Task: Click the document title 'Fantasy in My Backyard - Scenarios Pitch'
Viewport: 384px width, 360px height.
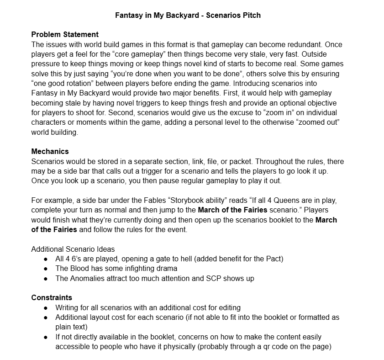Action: pyautogui.click(x=188, y=15)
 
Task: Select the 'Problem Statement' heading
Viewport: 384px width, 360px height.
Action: pyautogui.click(x=65, y=34)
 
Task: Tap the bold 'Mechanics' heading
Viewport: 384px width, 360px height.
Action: pyautogui.click(x=50, y=151)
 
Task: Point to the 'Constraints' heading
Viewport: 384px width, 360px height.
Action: pyautogui.click(x=52, y=297)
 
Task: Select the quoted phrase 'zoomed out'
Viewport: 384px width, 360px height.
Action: pyautogui.click(x=325, y=122)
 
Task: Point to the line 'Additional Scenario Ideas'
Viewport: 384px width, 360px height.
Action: pyautogui.click(x=73, y=249)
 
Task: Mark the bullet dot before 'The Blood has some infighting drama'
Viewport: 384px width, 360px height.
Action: pyautogui.click(x=46, y=269)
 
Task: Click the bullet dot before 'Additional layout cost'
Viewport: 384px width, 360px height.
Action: pyautogui.click(x=46, y=317)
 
